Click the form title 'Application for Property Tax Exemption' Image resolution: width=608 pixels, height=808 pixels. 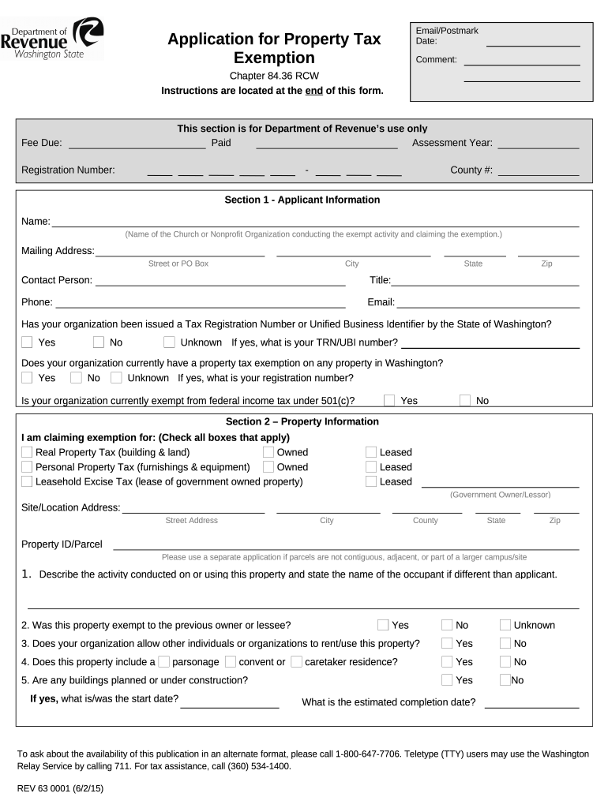coord(274,48)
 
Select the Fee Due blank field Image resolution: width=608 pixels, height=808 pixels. coord(137,143)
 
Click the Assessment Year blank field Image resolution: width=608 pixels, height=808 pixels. coord(538,143)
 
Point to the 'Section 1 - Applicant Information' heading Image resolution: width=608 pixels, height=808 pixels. coord(302,200)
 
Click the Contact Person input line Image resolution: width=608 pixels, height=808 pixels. coord(220,281)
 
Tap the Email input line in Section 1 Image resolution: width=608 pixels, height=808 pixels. coord(487,302)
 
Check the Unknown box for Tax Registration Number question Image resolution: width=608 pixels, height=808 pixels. coord(170,342)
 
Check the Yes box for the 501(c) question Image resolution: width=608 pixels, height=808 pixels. coord(389,400)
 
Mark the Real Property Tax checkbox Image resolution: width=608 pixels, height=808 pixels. coord(28,452)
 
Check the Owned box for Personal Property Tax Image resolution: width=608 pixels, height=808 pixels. coord(268,467)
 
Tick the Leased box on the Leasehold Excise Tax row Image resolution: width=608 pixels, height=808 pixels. coord(371,481)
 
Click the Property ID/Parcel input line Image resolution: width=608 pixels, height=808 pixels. coord(346,544)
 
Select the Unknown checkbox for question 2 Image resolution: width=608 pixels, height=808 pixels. coord(505,625)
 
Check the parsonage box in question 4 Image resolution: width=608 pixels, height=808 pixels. coord(164,662)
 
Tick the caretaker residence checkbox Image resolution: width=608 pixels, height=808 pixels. coord(297,662)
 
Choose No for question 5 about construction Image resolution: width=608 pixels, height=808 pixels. coord(505,680)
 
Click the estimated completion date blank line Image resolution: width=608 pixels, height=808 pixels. coord(531,702)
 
